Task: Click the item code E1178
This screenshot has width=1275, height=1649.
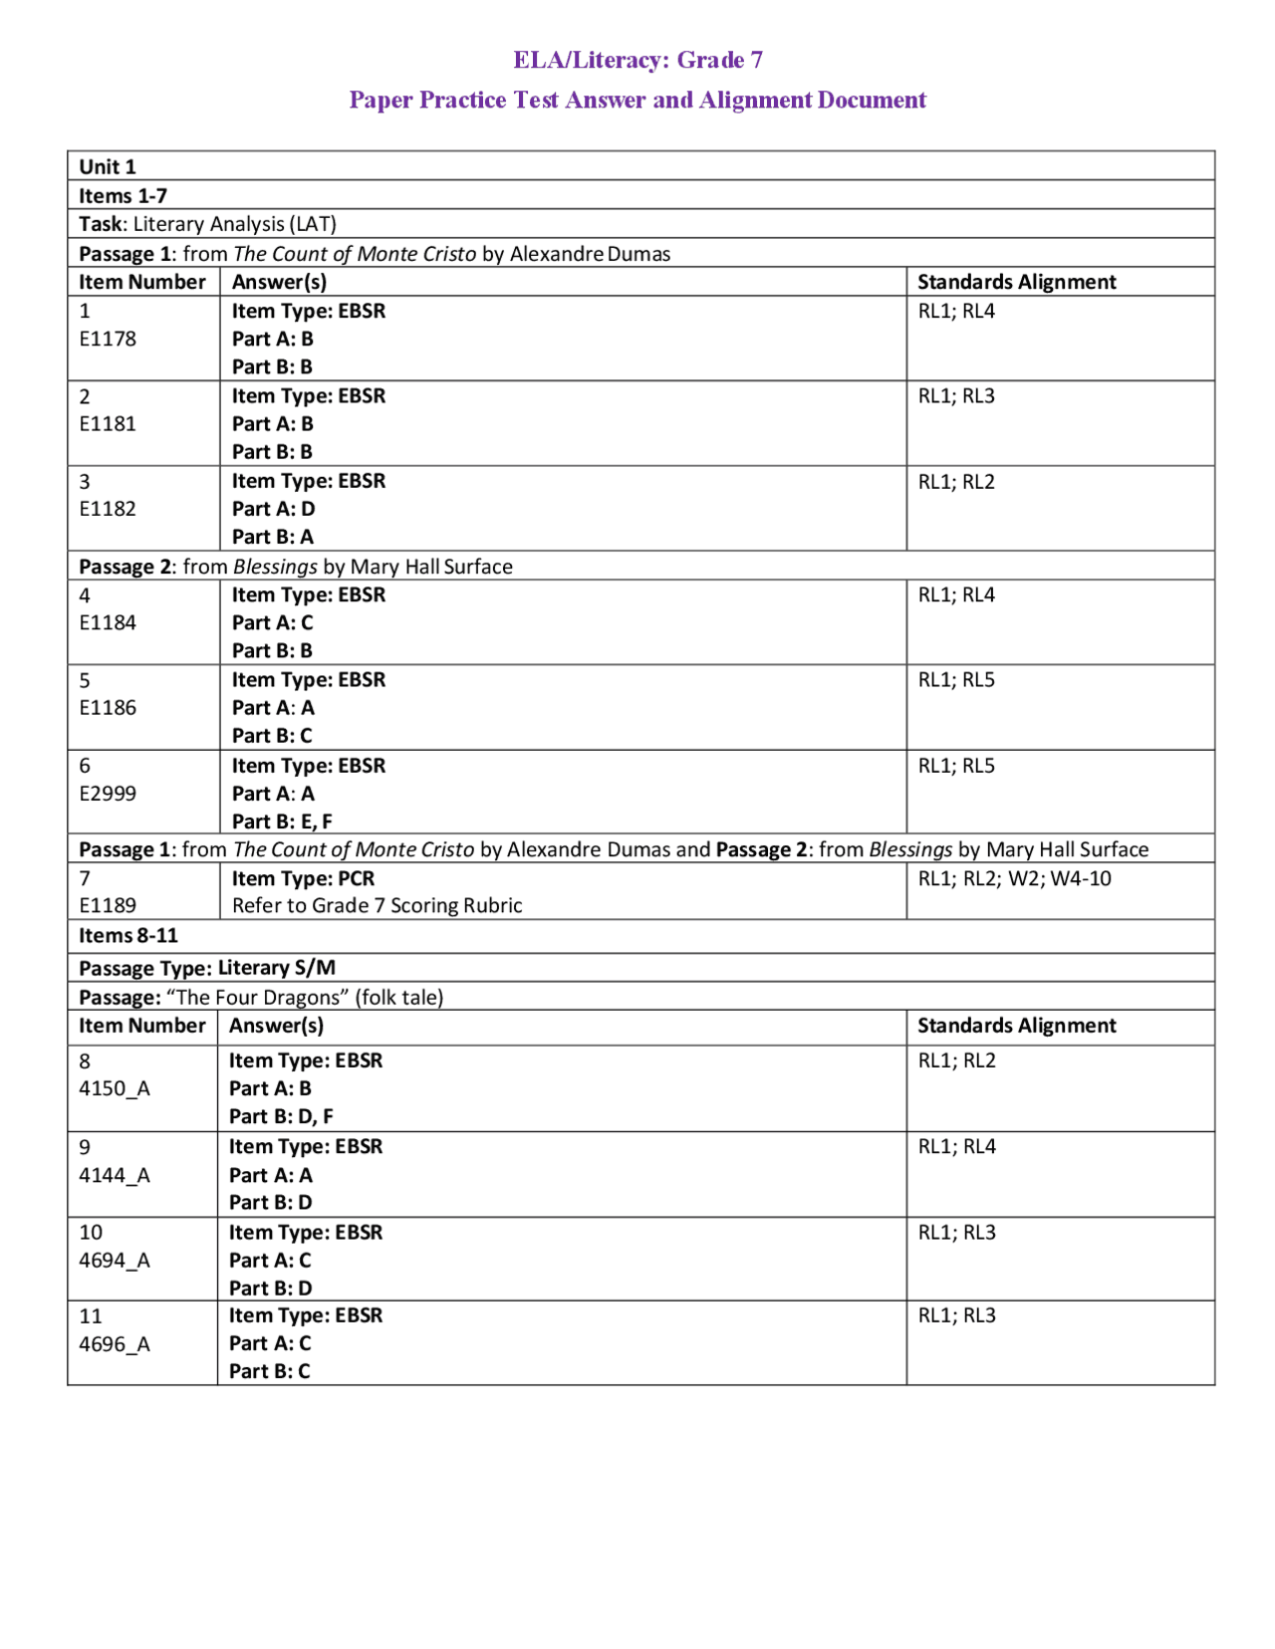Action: [x=108, y=339]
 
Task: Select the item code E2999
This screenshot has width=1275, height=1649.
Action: [x=108, y=794]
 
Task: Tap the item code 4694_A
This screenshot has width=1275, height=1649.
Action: [x=115, y=1261]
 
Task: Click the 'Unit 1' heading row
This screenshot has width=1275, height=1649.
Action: [x=108, y=166]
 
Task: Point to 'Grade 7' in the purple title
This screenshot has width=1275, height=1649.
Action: [x=720, y=60]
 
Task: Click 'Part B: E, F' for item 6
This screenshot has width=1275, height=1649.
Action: [x=282, y=822]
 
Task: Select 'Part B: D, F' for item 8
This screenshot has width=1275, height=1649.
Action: [x=281, y=1116]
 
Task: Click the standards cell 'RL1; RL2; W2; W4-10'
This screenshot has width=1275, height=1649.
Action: [x=1014, y=878]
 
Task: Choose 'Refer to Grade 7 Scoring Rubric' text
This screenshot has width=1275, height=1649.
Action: [x=377, y=905]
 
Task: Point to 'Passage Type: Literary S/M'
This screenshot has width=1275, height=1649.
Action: [x=207, y=967]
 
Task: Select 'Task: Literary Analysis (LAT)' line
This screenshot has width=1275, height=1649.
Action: [x=207, y=224]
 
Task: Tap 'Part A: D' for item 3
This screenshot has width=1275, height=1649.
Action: [x=273, y=509]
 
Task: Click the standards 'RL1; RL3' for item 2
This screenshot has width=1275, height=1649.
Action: [x=956, y=396]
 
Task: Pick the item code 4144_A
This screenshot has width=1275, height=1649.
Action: [x=115, y=1175]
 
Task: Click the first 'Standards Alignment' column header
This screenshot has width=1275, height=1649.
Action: [x=1016, y=282]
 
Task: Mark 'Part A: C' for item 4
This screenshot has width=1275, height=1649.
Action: [x=272, y=622]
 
